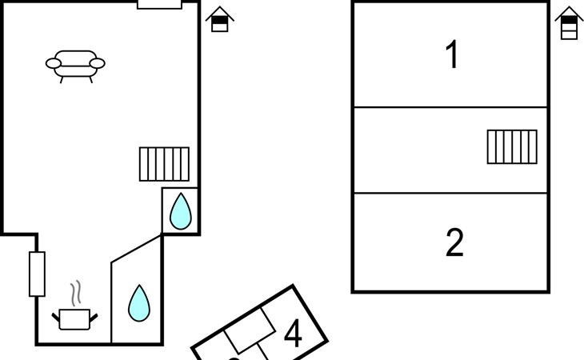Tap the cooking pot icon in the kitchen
74,319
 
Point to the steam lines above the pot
76,294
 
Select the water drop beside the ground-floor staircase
181,211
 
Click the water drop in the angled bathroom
139,303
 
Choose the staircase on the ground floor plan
164,164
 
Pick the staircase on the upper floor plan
512,146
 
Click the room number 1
452,54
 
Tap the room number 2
454,242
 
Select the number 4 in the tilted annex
293,333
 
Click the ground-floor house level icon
220,19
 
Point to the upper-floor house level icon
569,22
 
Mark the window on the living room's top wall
159,4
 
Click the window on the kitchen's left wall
38,274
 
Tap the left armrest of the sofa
54,64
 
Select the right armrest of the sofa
98,64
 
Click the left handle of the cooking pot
55,318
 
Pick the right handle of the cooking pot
94,318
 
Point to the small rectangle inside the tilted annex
250,330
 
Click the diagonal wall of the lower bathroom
136,248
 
